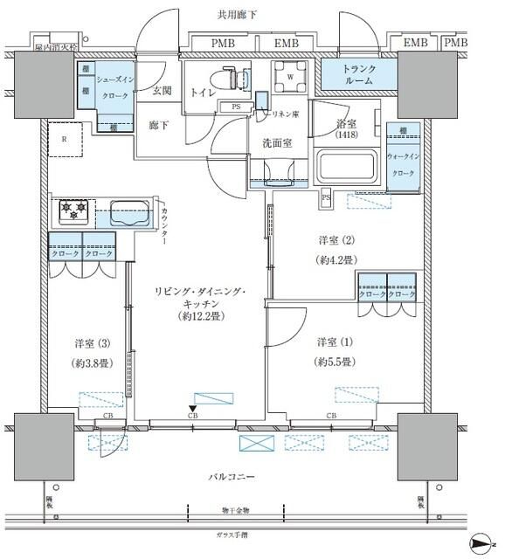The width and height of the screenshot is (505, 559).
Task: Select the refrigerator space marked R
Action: pos(64,138)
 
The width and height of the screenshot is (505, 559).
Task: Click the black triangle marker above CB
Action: pos(193,408)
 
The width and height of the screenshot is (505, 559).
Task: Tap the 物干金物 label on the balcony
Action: pos(234,510)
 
